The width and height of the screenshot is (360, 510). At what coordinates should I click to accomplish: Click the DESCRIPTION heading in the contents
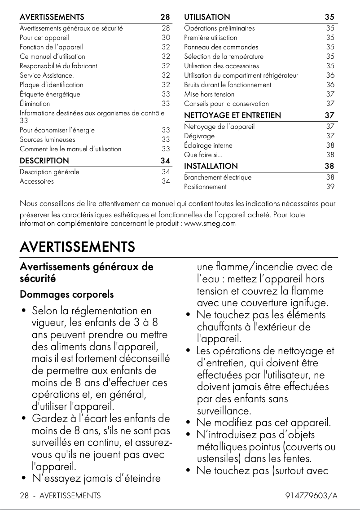pos(44,161)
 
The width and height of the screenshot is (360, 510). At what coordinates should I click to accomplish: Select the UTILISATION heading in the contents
pos(207,18)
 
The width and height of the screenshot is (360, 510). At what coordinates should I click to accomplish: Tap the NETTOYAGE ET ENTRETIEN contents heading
pos(233,116)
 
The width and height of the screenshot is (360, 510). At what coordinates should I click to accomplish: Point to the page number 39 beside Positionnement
pos(330,187)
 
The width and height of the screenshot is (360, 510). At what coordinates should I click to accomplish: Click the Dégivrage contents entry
pos(199,136)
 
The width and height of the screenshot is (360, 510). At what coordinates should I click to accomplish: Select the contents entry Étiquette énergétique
pos(50,94)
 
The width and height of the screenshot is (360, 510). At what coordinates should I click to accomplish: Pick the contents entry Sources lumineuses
pos(47,140)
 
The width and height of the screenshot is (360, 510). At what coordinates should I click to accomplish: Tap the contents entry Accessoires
pos(36,181)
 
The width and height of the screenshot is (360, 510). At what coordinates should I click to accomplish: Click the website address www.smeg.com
pos(210,223)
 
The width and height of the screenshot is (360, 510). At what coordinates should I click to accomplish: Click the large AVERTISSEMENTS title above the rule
pos(77,247)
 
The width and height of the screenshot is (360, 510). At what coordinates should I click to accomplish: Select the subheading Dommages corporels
pos(66,295)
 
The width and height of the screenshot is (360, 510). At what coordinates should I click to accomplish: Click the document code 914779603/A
pos(311,496)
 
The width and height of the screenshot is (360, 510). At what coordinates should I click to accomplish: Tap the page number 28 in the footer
pos(24,496)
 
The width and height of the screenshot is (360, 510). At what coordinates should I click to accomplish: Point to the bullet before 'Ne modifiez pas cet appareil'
pos(189,423)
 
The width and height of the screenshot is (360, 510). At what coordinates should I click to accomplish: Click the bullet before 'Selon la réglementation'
pos(23,311)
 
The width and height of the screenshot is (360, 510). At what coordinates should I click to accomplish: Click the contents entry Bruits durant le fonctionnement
pos(228,85)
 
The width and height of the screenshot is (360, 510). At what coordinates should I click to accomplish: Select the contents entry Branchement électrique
pos(218,177)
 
